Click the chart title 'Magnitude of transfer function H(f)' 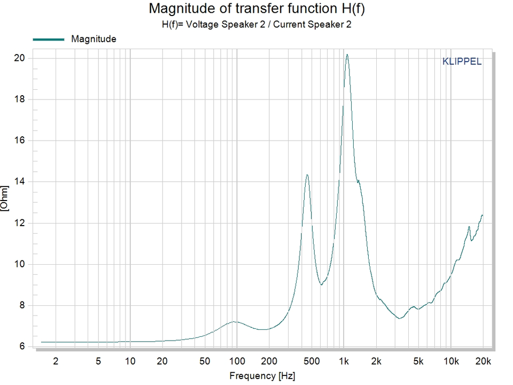(256, 9)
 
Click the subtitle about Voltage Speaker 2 (256, 25)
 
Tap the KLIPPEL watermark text (462, 61)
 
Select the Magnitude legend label (94, 39)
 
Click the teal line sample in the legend (49, 40)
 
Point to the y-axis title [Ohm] (5, 198)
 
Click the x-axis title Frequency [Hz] (262, 376)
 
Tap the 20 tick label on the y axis (19, 58)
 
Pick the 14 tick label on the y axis (19, 181)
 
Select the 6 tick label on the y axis (22, 346)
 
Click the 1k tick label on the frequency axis (344, 361)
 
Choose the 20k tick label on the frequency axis (483, 361)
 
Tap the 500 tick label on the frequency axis (312, 361)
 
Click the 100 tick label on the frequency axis (237, 361)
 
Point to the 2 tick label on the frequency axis (56, 361)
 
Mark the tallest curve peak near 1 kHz (347, 55)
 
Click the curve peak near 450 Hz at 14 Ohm (307, 175)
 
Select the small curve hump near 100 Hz (234, 322)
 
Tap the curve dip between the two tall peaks (322, 284)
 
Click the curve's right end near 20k (482, 215)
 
